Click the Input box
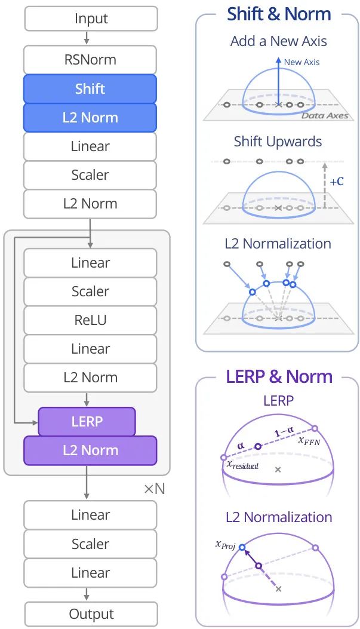[91, 19]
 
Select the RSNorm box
[90, 60]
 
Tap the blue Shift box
[90, 88]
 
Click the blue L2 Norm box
[90, 118]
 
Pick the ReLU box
[90, 320]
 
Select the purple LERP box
[87, 421]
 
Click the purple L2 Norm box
[90, 450]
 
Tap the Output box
[91, 614]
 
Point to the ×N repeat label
[155, 489]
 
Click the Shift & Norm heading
[279, 14]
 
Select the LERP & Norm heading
[279, 377]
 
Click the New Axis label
[301, 62]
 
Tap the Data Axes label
[325, 116]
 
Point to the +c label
[337, 182]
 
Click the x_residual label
[242, 465]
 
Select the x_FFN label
[309, 440]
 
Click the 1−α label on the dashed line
[284, 432]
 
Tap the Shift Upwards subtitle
[278, 142]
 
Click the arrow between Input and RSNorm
[86, 38]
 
